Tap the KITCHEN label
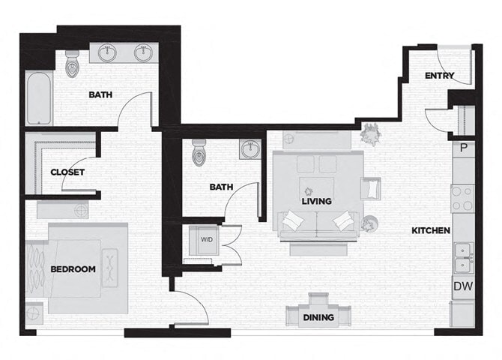coord(431,230)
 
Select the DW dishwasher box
coord(462,286)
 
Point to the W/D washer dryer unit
coord(205,240)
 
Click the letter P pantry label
coord(464,148)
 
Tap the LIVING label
coord(317,201)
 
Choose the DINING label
coord(318,317)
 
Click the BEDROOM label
coord(73,269)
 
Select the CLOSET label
coord(67,172)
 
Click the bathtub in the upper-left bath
coord(39,98)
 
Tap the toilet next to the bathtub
coord(73,64)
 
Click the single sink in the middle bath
coord(250,148)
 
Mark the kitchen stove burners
coord(462,197)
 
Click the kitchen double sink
coord(464,257)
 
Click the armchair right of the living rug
coord(371,187)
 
